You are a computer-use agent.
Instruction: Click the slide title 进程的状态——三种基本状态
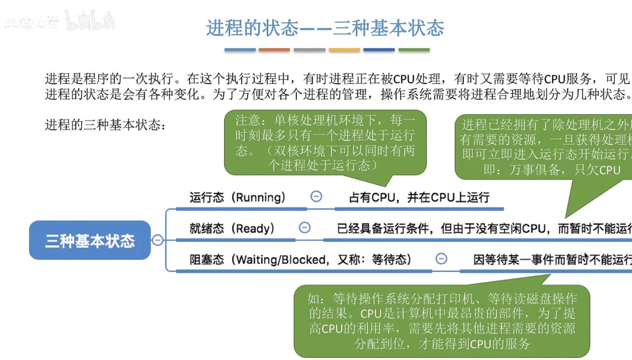click(325, 28)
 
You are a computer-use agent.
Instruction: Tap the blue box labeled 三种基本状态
click(90, 240)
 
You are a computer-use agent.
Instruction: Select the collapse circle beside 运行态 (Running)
click(316, 197)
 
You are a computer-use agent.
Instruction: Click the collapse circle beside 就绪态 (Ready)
click(304, 228)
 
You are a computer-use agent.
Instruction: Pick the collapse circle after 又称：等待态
click(441, 259)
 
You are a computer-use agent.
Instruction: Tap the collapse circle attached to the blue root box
click(158, 240)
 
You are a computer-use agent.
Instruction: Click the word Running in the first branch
click(260, 198)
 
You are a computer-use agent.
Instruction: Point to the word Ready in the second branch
click(255, 228)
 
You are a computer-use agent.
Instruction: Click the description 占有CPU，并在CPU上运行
click(419, 198)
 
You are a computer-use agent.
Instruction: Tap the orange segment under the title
click(274, 50)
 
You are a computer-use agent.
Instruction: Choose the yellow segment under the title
click(344, 50)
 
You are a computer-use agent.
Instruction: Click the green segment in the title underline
click(414, 50)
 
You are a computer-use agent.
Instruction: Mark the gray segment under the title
click(309, 50)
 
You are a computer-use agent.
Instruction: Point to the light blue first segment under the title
click(240, 50)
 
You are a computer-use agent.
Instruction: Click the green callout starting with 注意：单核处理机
click(325, 143)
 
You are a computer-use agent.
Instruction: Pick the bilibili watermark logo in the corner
click(90, 21)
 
